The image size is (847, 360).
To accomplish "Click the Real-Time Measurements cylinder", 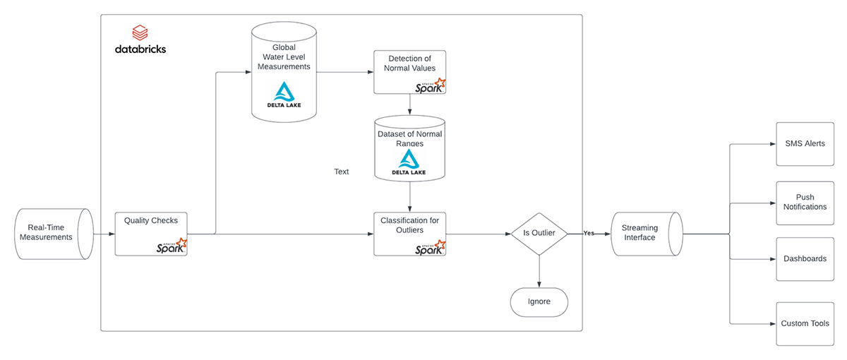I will click(54, 232).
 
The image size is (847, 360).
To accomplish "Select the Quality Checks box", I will click(151, 233).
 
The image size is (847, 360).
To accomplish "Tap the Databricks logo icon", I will click(140, 32).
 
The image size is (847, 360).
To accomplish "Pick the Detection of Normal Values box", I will click(410, 71).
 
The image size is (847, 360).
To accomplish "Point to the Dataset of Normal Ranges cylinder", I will click(410, 148).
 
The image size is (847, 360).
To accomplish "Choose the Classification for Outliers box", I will click(410, 234).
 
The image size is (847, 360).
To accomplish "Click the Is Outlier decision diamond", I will click(539, 234).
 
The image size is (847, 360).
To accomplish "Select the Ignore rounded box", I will click(539, 302).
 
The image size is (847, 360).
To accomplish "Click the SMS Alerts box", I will click(804, 144).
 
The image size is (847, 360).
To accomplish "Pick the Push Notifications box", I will click(804, 203).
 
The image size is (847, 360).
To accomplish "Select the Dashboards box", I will click(804, 259).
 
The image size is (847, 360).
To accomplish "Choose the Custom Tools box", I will click(804, 323).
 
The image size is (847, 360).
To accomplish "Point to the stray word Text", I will click(342, 172).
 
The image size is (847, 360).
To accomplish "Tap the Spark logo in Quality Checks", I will click(172, 246).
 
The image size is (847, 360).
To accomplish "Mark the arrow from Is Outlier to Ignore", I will click(539, 271).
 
